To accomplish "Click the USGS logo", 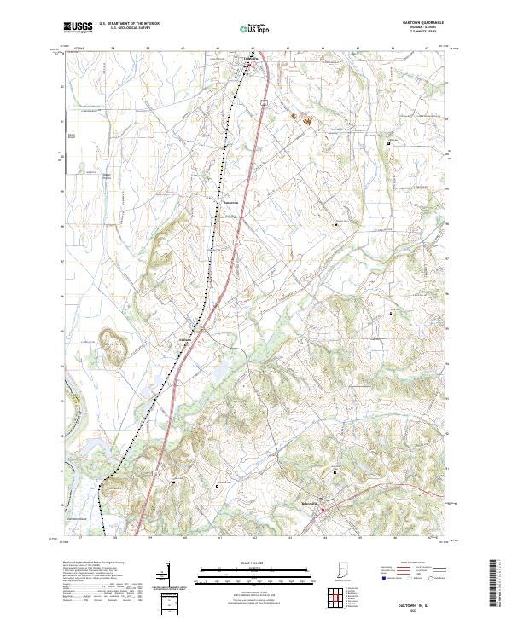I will [x=79, y=27].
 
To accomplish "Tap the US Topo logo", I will [x=255, y=28].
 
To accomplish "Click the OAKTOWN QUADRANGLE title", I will [x=426, y=23].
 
